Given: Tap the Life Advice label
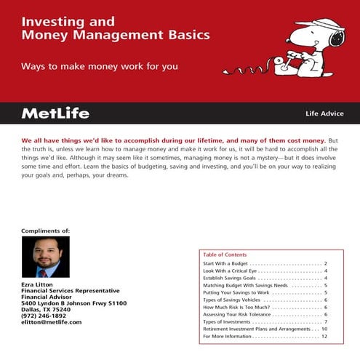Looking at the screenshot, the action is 324,114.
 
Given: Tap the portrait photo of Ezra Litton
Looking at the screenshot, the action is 46,257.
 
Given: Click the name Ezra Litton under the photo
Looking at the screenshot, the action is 39,284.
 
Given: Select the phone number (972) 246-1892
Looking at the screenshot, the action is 44,316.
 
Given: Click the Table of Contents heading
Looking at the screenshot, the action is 225,255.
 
